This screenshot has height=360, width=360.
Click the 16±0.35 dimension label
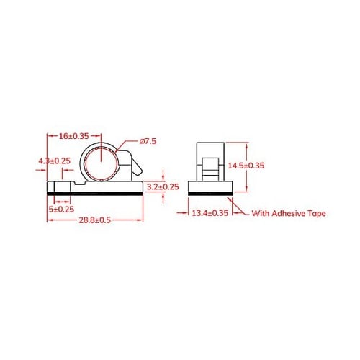click(73, 135)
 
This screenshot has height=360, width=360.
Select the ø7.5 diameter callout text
click(148, 142)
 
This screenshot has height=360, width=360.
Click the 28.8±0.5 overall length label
click(96, 220)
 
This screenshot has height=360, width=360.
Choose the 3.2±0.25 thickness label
click(163, 186)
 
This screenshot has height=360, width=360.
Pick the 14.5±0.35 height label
click(246, 166)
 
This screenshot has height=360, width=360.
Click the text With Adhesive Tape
click(289, 214)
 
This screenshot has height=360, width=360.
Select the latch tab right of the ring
click(134, 168)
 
